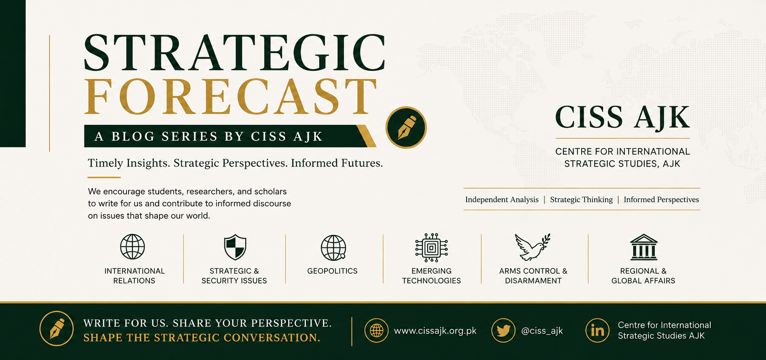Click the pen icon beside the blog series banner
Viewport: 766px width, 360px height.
pos(406,127)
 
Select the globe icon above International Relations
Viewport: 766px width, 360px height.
pos(132,247)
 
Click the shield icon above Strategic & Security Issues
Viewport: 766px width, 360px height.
pos(235,247)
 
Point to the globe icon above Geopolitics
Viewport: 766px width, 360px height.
pos(333,247)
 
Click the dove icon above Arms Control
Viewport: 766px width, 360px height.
pos(532,247)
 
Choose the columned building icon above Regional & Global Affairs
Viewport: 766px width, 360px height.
pos(644,247)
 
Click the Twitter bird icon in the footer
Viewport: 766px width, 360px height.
pos(503,330)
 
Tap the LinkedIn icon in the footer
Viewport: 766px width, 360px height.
pos(597,330)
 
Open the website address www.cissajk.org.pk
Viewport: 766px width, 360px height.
pos(435,331)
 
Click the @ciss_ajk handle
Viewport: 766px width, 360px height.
pos(542,331)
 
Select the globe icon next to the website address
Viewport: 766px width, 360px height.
pos(377,330)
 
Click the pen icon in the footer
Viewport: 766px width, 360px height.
pos(57,328)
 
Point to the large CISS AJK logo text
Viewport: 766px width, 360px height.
pos(622,117)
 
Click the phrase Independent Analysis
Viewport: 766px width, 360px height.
pos(502,200)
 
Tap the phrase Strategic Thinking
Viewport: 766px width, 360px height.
pos(581,200)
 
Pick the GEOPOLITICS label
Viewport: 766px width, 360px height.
pos(333,271)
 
